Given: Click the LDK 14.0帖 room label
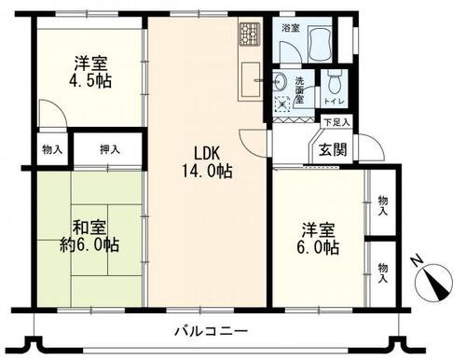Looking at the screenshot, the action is [x=207, y=162].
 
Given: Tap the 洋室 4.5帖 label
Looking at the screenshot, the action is [x=90, y=72].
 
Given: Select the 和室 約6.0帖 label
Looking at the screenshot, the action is [x=89, y=236].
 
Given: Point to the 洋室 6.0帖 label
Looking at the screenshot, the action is [x=318, y=239].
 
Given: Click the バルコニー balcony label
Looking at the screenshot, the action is [x=212, y=331].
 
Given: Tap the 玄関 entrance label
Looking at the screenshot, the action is [x=333, y=150].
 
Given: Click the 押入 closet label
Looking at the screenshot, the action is [x=110, y=150].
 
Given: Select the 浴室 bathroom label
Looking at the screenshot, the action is [x=291, y=28].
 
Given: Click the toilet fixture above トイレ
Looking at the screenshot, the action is [x=334, y=81].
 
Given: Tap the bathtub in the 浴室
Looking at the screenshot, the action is [x=320, y=44].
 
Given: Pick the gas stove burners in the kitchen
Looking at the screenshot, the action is [x=249, y=34].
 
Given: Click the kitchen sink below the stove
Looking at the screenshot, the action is [x=251, y=80].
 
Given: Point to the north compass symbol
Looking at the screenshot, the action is [x=434, y=279].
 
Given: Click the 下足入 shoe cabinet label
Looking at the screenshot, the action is [x=336, y=122].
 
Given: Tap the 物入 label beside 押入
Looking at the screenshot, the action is [x=52, y=150].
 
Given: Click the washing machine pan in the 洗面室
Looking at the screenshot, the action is [x=282, y=104].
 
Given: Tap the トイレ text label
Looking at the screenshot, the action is [x=334, y=102].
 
